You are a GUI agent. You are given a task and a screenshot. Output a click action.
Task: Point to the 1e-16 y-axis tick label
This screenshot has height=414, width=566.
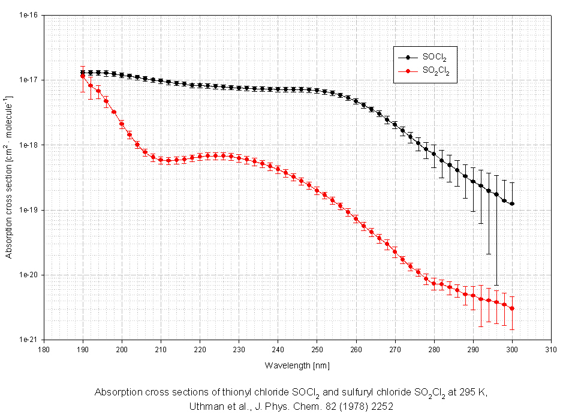28,15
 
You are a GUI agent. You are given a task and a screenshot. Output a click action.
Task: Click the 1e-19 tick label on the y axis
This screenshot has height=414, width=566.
28,210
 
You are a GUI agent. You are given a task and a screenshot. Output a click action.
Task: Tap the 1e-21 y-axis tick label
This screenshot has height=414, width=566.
28,340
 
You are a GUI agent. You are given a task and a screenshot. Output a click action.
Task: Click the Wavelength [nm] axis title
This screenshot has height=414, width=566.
297,364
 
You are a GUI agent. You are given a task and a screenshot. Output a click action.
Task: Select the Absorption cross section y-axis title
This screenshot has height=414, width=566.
9,177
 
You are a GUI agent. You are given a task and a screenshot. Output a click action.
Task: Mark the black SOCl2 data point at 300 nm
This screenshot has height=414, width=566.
512,204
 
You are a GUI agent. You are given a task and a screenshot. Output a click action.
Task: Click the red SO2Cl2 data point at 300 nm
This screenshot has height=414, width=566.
512,308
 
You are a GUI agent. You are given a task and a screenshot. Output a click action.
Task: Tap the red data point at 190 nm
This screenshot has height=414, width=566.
83,76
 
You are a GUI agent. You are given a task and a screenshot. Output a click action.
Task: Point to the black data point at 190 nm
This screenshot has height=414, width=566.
83,72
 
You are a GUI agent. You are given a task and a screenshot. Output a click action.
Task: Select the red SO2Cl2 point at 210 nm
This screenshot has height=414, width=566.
161,160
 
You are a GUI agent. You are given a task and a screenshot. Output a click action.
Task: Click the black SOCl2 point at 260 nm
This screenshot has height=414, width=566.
356,101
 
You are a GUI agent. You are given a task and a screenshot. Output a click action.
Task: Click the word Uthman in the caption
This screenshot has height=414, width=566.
204,406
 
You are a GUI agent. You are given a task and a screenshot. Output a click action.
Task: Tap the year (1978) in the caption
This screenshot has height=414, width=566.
340,406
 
